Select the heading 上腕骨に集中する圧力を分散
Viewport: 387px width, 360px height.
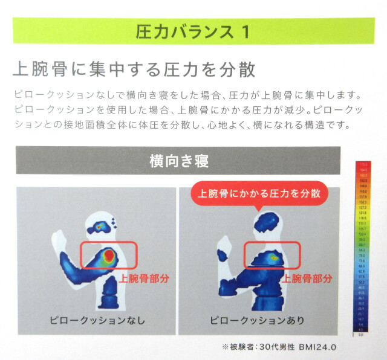point(134,69)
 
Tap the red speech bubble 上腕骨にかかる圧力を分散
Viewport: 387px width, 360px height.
point(259,194)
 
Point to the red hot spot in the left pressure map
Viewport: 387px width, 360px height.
point(108,257)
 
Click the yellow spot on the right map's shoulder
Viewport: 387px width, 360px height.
point(274,257)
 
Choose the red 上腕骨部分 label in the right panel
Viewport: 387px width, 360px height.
point(307,278)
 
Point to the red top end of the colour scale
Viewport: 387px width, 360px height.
point(363,165)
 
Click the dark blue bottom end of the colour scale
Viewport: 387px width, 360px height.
point(363,332)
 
